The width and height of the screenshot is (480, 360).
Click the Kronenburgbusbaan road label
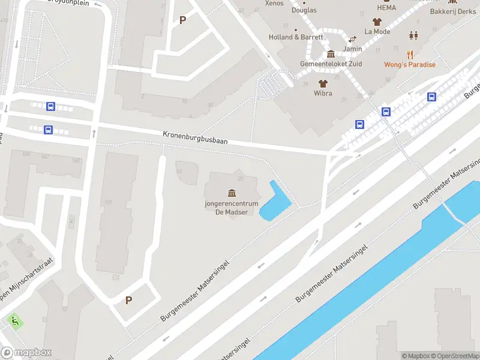click(194, 137)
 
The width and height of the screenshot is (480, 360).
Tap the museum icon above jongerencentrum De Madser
click(232, 193)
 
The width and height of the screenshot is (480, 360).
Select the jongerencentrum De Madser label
click(232, 208)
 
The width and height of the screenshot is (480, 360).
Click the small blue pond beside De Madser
click(275, 201)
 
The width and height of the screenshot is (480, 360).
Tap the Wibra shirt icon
click(323, 83)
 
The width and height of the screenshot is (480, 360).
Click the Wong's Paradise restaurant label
click(410, 65)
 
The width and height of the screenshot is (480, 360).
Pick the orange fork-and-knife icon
click(410, 53)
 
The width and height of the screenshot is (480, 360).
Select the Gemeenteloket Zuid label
click(331, 65)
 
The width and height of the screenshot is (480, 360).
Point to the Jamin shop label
click(353, 49)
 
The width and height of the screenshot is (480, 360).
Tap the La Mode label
click(377, 32)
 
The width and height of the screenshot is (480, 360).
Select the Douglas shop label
click(304, 10)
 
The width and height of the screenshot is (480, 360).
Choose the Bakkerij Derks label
click(453, 11)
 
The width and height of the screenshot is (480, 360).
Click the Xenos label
click(274, 4)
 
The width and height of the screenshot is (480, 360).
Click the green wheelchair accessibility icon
click(14, 322)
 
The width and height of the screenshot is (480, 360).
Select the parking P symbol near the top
click(183, 20)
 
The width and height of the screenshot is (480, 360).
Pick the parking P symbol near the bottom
click(128, 300)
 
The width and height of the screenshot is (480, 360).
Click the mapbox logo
click(26, 353)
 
